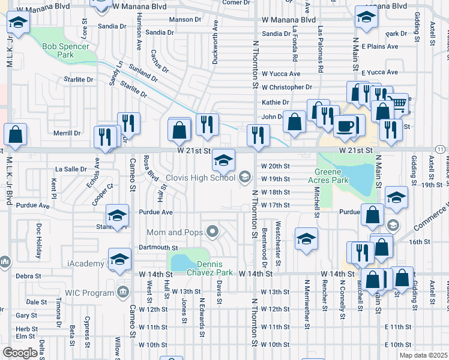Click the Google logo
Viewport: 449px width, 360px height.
click(20, 352)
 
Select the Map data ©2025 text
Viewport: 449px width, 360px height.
click(423, 355)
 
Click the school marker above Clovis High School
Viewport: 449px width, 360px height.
click(223, 160)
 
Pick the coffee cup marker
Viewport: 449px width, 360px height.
click(346, 126)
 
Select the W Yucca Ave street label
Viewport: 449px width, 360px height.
click(280, 74)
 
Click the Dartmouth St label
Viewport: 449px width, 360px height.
click(158, 247)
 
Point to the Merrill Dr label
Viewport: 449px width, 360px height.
click(67, 133)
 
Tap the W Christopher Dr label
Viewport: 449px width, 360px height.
click(287, 87)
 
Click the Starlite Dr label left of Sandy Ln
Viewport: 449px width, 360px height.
click(82, 79)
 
